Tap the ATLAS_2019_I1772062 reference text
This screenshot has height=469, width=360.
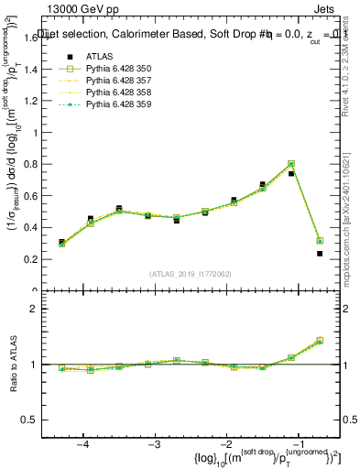tap(190, 273)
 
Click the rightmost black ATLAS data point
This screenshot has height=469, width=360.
tap(320, 254)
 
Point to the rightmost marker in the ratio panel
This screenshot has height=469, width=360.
tap(320, 340)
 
